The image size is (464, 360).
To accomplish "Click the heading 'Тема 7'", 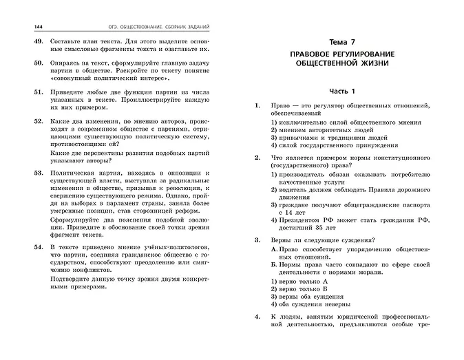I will pyautogui.click(x=337, y=42).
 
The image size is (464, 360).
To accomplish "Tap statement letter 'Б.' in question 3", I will pyautogui.click(x=275, y=264).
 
